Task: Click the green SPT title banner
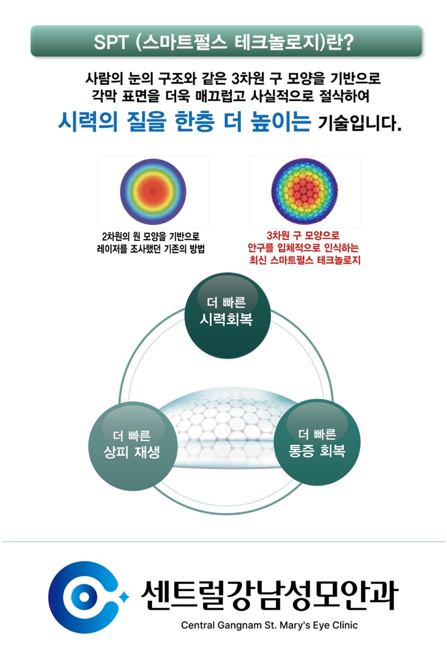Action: tap(226, 41)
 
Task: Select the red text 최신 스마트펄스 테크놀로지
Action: tap(305, 260)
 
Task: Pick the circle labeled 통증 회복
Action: tap(316, 444)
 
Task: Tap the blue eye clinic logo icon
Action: tap(82, 592)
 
